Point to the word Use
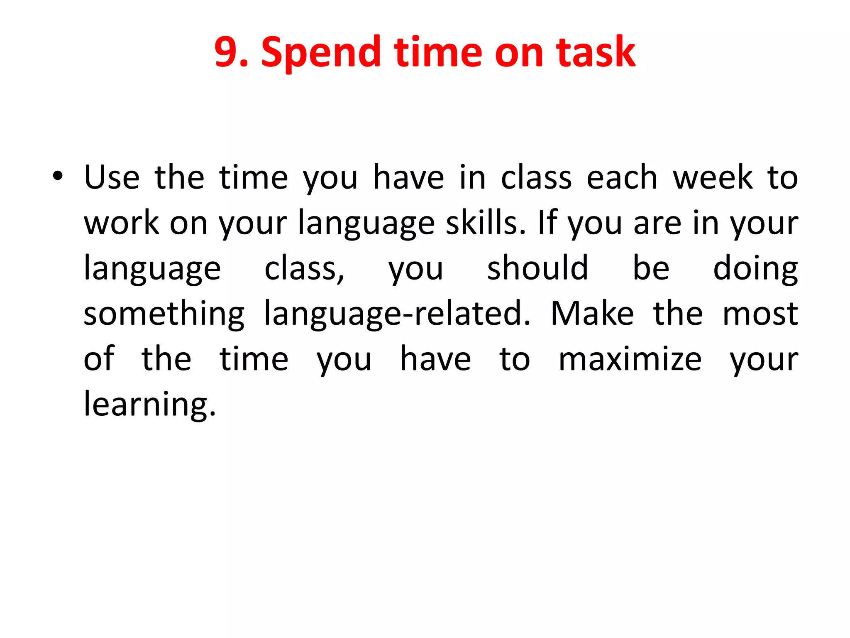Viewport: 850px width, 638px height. pos(112,177)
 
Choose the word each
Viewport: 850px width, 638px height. pos(622,177)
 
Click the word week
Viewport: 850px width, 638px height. pos(713,177)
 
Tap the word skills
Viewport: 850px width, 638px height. pos(485,223)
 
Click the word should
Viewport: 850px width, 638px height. pos(537,268)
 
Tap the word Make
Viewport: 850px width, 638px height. pos(592,314)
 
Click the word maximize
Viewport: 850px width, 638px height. pos(630,359)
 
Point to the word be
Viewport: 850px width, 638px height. pos(650,268)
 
